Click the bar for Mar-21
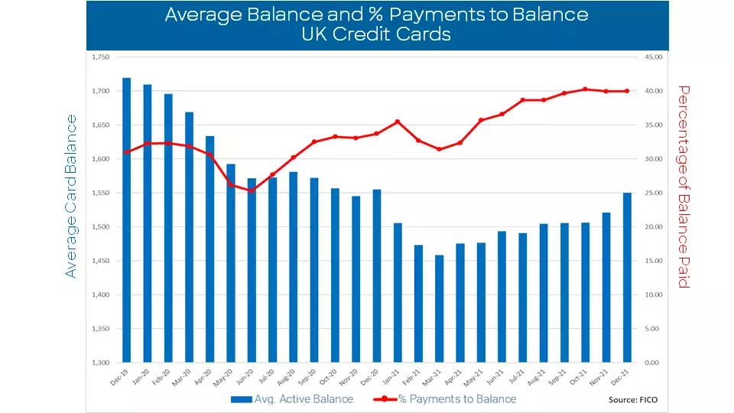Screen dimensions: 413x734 click(439, 309)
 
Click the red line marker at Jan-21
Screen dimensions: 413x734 click(397, 122)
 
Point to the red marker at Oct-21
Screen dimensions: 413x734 click(585, 89)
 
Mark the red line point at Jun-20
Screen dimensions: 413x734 click(252, 190)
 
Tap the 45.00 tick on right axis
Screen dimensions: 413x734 click(651, 57)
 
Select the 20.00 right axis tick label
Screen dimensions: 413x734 click(651, 227)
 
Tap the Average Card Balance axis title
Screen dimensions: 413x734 click(70, 196)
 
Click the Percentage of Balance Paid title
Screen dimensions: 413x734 click(684, 187)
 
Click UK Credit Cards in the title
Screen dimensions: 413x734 click(376, 34)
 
